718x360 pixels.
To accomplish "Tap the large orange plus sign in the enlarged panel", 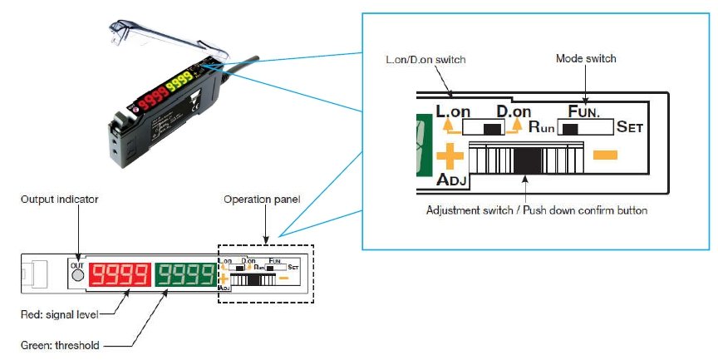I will pos(449,155).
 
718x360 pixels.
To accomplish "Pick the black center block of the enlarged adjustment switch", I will pos(525,156).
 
